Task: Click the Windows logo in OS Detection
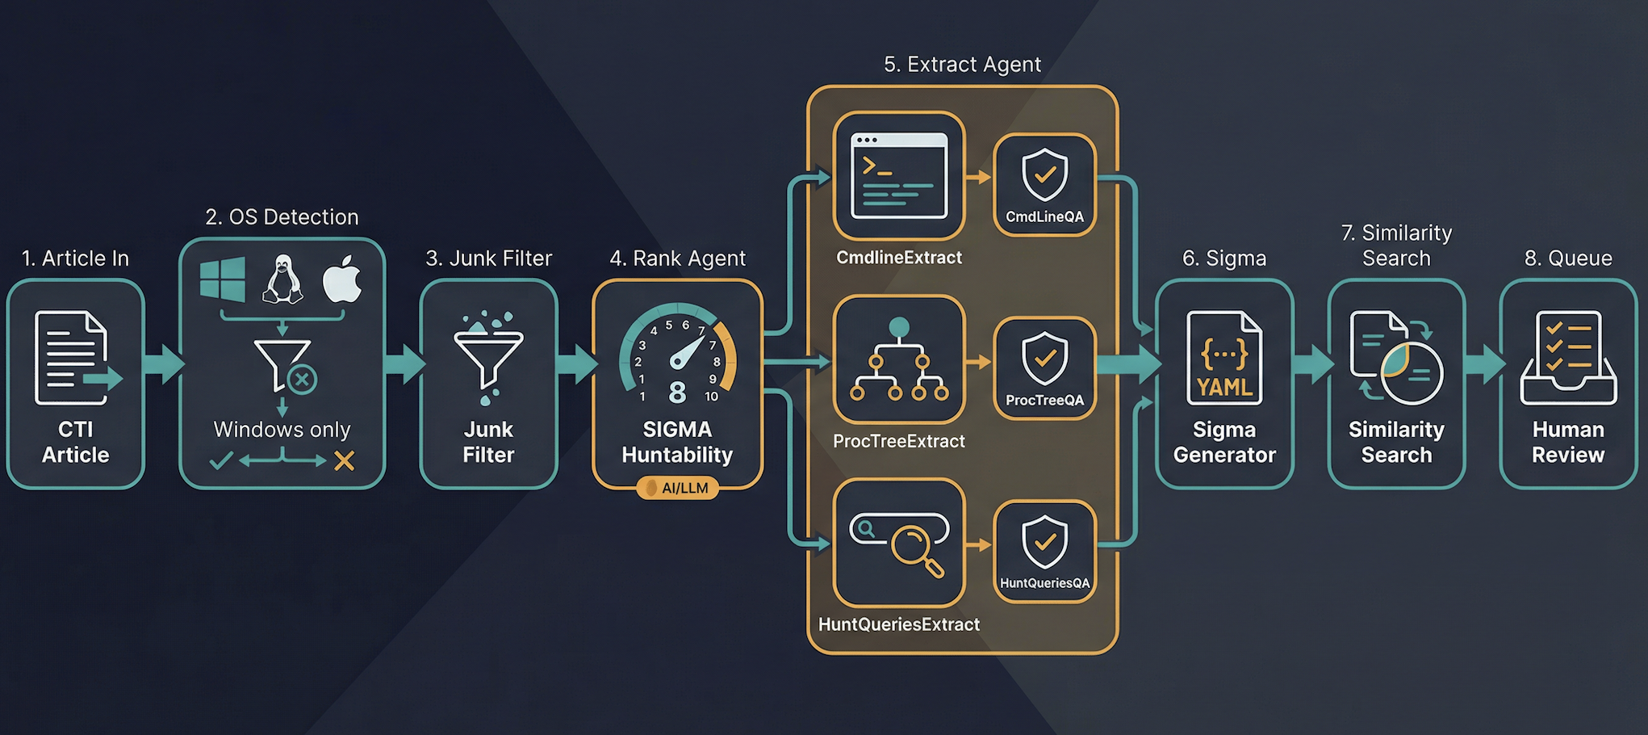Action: tap(223, 279)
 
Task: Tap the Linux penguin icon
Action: tap(282, 279)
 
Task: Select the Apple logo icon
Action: tap(342, 279)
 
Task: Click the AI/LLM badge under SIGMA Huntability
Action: tap(677, 488)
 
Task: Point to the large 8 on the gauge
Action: tap(677, 393)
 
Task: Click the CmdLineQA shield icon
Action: tap(1044, 174)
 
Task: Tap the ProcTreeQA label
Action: tap(1044, 400)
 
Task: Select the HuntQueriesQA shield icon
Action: tap(1044, 541)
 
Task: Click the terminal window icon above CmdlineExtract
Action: tap(898, 175)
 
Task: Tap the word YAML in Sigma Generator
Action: tap(1224, 388)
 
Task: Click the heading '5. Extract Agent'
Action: tap(962, 65)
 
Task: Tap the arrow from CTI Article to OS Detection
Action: tap(163, 363)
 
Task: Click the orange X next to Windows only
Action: tap(345, 461)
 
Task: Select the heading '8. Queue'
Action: tap(1567, 258)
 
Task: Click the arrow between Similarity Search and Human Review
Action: tap(1483, 363)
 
